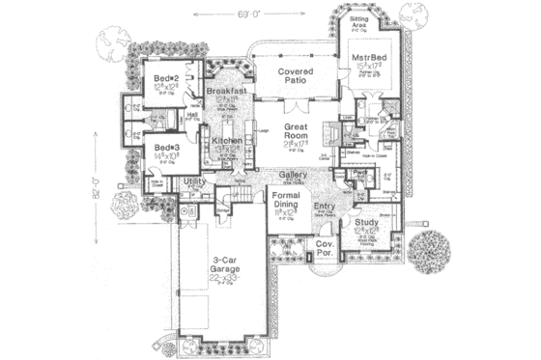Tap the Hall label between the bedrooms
pyautogui.click(x=192, y=113)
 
